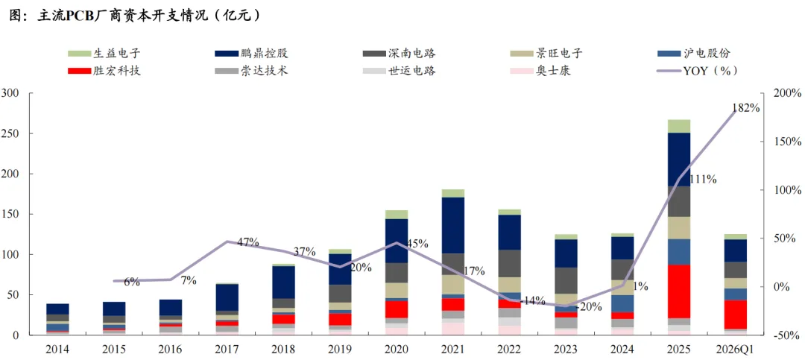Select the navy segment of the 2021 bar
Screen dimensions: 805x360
click(x=453, y=225)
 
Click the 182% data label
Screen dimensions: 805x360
click(x=745, y=107)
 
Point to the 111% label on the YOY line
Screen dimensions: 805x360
click(x=704, y=179)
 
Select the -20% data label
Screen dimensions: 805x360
click(x=589, y=307)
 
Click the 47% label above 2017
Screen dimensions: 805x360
click(x=247, y=242)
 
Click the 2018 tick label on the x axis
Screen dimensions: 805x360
click(x=284, y=349)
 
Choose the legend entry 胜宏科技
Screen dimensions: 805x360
click(x=104, y=70)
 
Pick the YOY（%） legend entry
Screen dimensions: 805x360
click(x=698, y=70)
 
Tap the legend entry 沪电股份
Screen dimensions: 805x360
click(x=694, y=54)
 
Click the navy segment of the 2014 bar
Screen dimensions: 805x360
click(x=58, y=309)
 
